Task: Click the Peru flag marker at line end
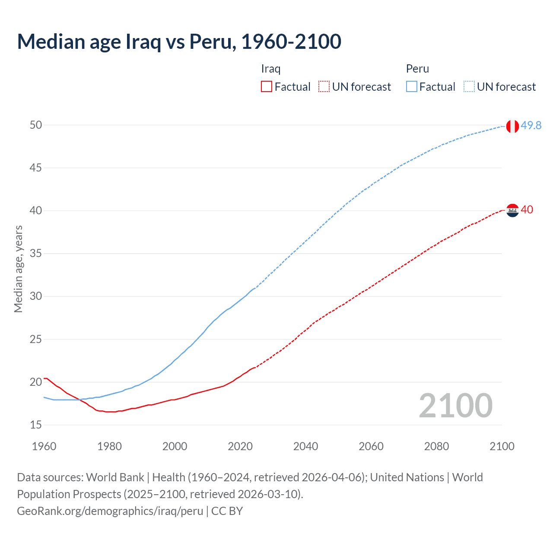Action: (512, 126)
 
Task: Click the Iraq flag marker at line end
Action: (512, 210)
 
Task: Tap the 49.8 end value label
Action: (531, 125)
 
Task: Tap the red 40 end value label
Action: (527, 210)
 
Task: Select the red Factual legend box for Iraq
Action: (267, 87)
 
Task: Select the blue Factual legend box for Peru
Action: (411, 87)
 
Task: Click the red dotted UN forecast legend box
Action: (324, 87)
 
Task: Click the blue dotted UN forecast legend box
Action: (469, 87)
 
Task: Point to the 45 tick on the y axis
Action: (36, 168)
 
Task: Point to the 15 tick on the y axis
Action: (36, 425)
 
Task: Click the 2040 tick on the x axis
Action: (305, 446)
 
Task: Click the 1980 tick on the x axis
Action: (109, 446)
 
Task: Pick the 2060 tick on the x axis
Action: (371, 446)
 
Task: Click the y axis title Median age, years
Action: (18, 269)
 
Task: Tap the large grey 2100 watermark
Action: (455, 405)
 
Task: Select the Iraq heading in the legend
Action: (271, 69)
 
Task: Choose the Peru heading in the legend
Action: (417, 69)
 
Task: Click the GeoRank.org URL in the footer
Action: (110, 511)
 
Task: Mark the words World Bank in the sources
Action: (115, 477)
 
